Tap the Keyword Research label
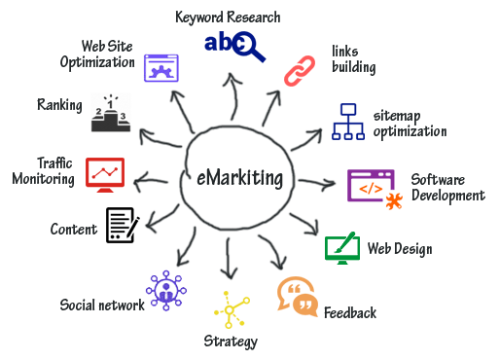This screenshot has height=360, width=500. click(x=228, y=18)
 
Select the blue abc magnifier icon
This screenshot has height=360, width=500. click(x=233, y=46)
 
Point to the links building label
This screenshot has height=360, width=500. click(x=352, y=59)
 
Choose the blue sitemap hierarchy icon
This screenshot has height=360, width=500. click(x=348, y=122)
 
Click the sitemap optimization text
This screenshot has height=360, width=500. click(x=410, y=123)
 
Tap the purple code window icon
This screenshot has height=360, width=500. click(x=371, y=185)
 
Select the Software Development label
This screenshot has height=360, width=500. click(x=446, y=187)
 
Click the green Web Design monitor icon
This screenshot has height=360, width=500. click(x=341, y=247)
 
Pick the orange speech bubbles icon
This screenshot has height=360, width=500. click(x=297, y=296)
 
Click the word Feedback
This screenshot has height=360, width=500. click(x=349, y=313)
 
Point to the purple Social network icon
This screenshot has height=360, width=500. click(x=166, y=291)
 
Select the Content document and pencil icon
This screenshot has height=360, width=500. click(x=122, y=225)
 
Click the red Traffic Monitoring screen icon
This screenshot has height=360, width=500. click(x=104, y=173)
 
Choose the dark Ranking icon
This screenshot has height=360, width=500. click(x=110, y=113)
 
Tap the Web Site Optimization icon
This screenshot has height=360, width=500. click(x=161, y=66)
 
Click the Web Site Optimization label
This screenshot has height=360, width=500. click(x=108, y=54)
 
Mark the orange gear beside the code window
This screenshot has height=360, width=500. click(x=393, y=201)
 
